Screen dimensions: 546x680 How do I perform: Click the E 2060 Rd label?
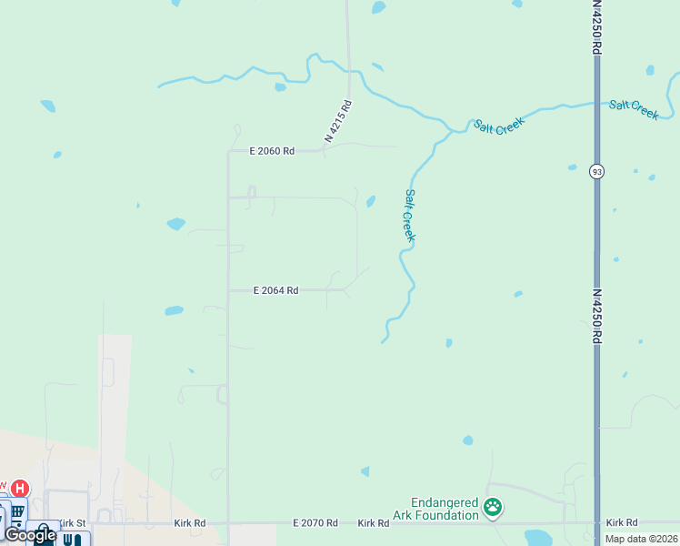272,151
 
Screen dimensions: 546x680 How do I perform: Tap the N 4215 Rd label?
338,121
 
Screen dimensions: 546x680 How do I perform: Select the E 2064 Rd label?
275,290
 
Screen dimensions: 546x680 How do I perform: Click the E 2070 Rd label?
315,523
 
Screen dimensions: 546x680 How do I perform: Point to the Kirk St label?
72,523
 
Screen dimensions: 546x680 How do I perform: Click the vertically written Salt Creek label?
410,216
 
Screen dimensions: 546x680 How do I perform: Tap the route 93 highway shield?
596,171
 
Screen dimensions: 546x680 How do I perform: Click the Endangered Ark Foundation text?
445,509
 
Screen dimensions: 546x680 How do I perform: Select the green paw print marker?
493,507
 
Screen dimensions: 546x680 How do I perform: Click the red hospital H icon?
20,489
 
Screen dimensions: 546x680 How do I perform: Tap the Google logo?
30,535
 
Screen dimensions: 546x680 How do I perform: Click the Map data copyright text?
642,539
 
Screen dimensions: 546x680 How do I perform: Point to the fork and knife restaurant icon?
73,540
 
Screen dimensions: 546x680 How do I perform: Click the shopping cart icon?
18,513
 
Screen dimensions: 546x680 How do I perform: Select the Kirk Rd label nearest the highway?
622,523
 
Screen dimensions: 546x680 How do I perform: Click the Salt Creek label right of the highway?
634,109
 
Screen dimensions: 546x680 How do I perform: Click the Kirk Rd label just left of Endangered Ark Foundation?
374,523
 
